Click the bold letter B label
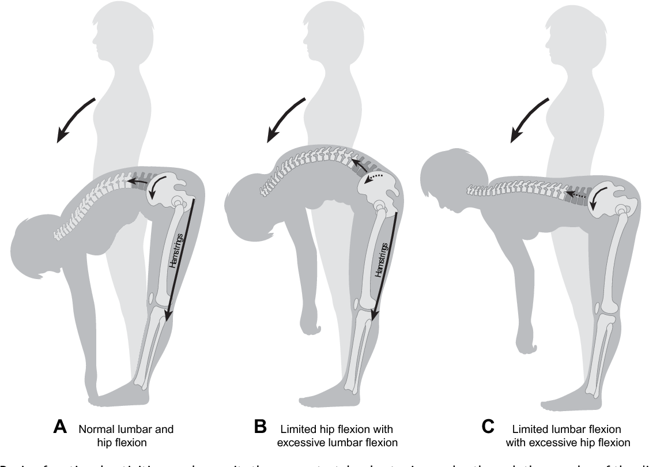point(261,430)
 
